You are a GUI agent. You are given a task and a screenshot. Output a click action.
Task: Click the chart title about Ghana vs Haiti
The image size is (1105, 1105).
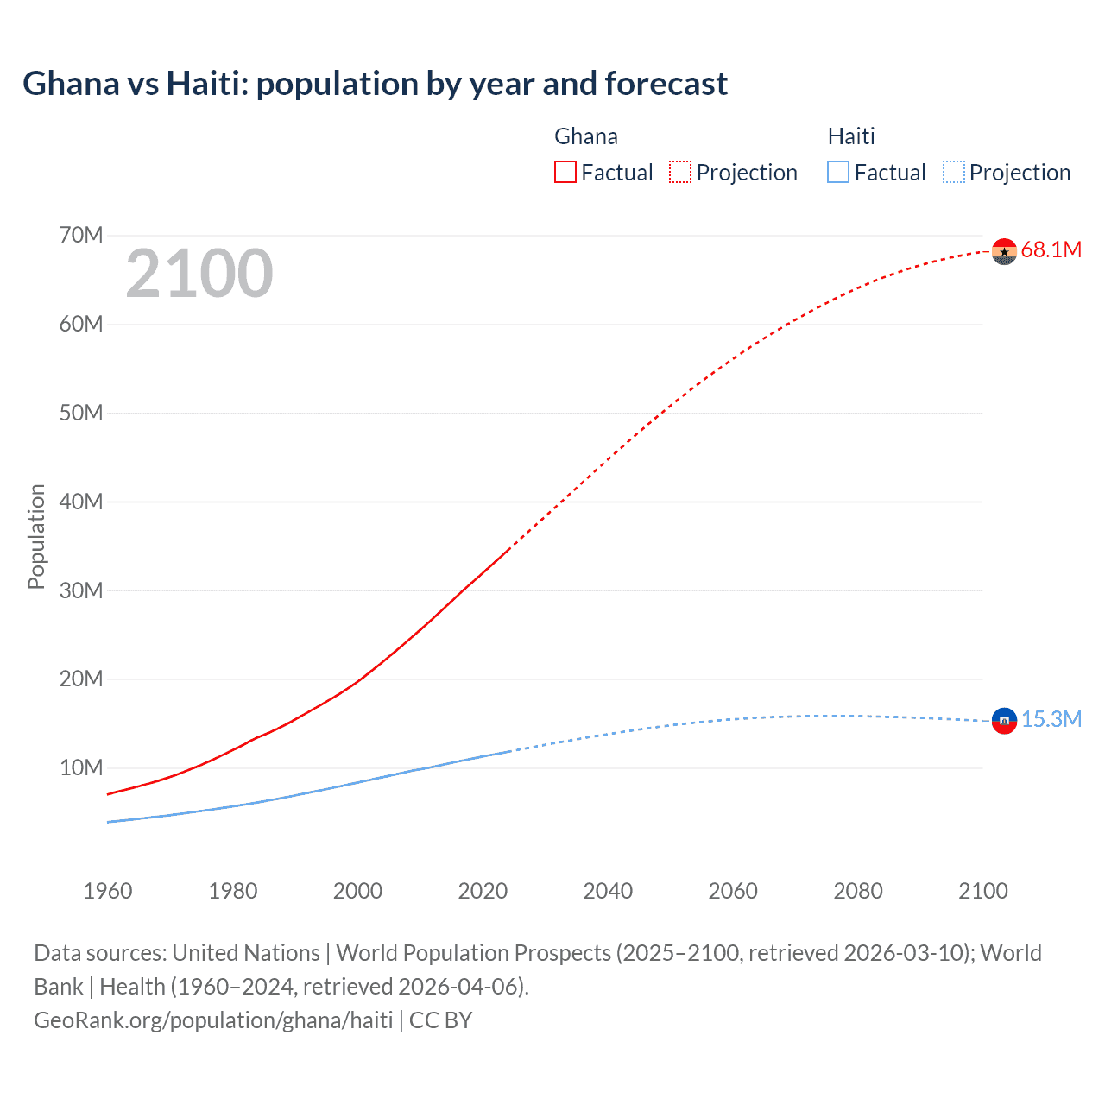pos(375,84)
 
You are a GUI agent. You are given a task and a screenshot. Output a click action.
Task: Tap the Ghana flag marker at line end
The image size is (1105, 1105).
pos(1004,251)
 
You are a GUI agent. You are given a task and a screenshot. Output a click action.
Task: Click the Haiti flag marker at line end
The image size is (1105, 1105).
pos(1004,720)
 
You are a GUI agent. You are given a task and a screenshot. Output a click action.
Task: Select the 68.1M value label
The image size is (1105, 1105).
pos(1051,250)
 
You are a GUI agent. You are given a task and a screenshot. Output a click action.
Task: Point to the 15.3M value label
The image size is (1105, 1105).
pos(1051,719)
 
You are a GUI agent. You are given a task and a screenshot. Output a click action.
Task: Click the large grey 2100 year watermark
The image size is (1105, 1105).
pos(199,274)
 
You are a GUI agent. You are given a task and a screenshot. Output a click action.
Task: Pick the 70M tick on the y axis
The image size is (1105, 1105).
pos(81,235)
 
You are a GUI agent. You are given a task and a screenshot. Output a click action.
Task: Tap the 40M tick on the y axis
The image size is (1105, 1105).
pos(81,502)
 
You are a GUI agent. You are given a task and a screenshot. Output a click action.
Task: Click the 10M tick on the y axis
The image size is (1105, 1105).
pos(81,767)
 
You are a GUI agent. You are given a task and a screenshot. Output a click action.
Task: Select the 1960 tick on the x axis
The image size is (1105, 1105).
pos(108,891)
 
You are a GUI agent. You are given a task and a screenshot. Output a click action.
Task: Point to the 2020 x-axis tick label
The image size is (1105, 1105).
pos(483,891)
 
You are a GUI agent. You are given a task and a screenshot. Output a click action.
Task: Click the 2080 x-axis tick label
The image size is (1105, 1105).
pos(858,891)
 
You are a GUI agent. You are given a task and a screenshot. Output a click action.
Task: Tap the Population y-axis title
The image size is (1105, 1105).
pos(36,536)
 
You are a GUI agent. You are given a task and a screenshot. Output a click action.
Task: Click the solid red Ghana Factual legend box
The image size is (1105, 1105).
pos(565,172)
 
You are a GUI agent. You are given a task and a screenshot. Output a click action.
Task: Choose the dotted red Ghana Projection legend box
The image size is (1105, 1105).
pos(680,172)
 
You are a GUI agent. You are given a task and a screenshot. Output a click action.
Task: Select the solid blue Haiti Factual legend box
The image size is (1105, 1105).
pos(838,172)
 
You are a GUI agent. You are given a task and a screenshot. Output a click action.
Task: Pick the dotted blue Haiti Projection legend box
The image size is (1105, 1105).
pos(954,172)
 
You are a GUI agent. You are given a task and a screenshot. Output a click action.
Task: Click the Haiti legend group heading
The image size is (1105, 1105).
pos(851,136)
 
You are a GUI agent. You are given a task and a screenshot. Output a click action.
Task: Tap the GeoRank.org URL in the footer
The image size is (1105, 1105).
pos(213,1020)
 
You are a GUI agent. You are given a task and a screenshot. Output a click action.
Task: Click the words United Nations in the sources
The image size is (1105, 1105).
pos(246,953)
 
